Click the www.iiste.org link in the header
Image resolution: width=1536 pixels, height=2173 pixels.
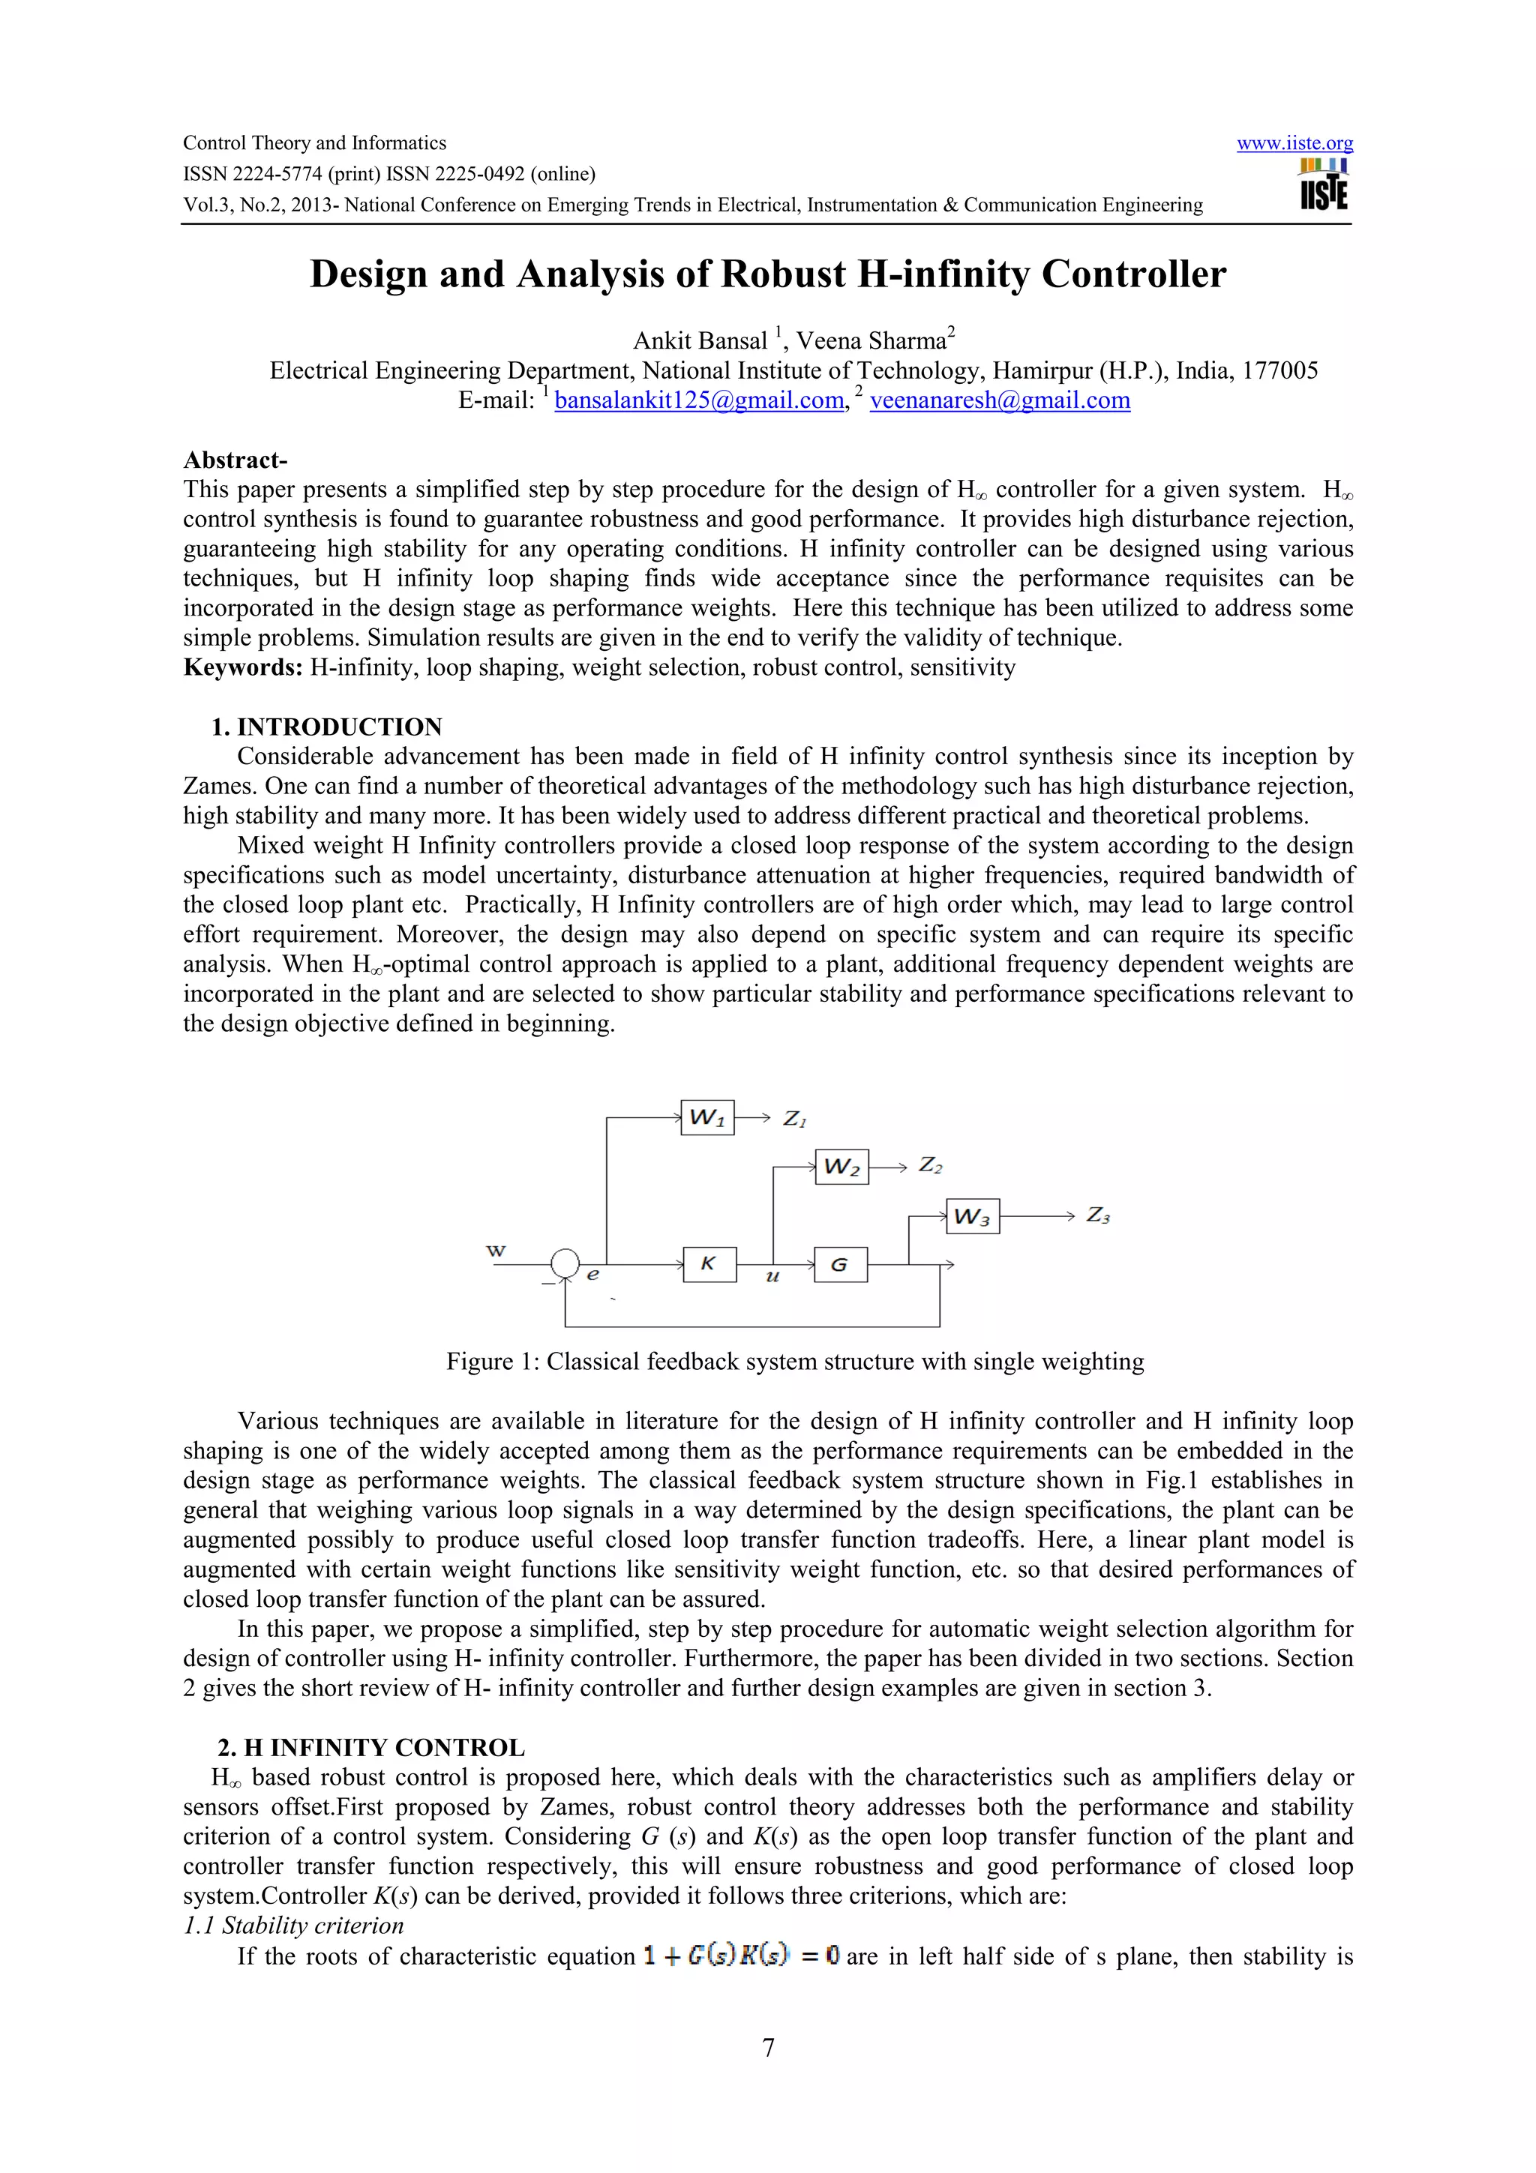1294,144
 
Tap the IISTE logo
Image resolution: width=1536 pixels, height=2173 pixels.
1323,184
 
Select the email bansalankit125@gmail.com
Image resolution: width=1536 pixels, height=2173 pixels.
698,400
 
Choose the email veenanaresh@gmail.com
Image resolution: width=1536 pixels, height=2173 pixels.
1000,400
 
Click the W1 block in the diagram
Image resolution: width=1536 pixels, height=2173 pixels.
707,1118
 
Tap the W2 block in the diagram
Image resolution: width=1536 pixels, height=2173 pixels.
841,1167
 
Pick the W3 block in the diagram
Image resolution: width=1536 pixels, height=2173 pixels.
972,1216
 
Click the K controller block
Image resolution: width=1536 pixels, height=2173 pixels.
709,1264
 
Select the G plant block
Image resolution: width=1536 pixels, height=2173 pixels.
839,1264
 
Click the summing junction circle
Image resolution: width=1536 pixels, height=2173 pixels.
565,1263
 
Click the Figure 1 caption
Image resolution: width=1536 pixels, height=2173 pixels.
795,1362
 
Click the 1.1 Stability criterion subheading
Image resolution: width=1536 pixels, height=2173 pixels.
293,1926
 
